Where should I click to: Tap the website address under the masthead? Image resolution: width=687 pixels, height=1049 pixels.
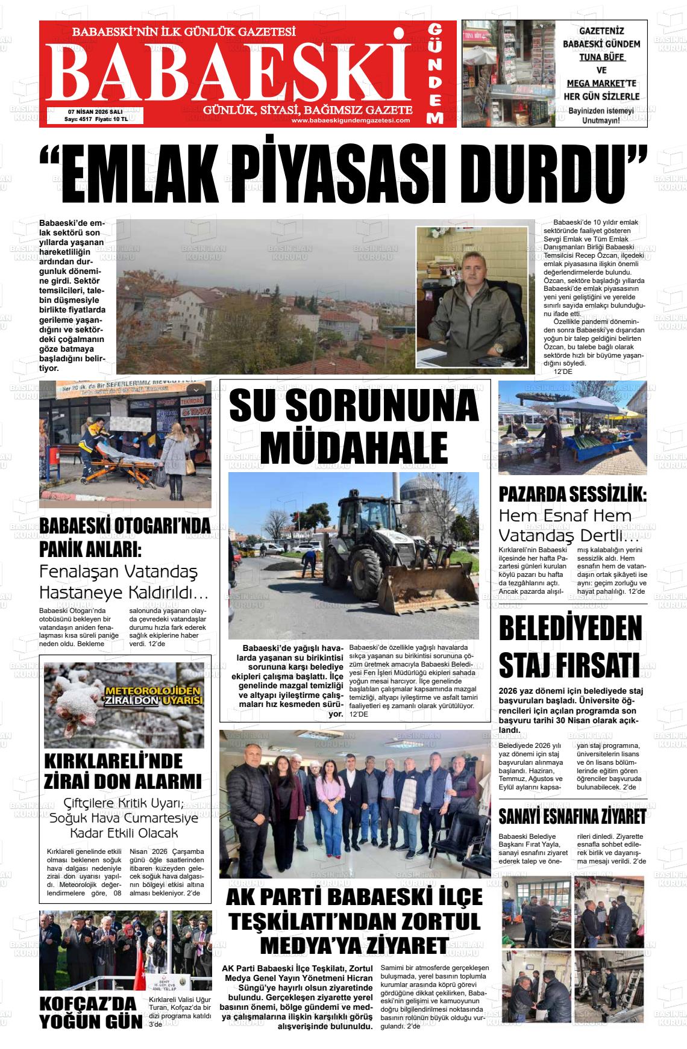click(x=350, y=120)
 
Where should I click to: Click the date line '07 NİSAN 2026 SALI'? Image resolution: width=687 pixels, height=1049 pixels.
click(x=95, y=111)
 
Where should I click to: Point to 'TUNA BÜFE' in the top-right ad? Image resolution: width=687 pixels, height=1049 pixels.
click(x=601, y=58)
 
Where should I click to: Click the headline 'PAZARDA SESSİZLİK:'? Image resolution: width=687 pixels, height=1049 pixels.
click(x=572, y=494)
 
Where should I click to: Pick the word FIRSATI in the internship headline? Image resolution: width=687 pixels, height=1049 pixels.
click(x=571, y=664)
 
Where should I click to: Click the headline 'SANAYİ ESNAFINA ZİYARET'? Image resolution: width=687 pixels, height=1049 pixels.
click(x=572, y=817)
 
